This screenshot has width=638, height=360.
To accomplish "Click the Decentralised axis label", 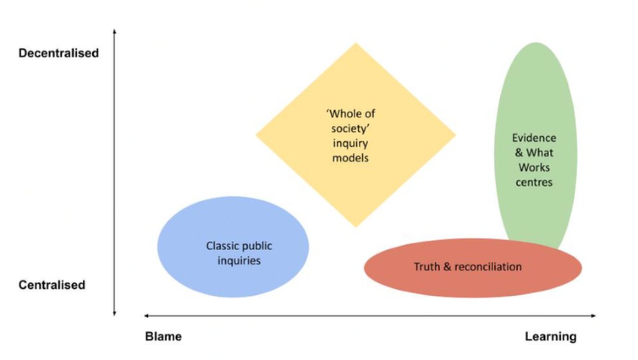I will pos(59,53).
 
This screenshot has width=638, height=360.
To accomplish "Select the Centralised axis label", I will pos(52,285).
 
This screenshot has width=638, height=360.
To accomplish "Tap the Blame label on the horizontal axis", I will pos(163,337).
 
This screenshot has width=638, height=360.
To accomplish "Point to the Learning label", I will pos(551,337).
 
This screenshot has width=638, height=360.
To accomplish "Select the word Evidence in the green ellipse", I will pos(534,138).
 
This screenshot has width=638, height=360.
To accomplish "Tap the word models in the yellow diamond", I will pos(350,158).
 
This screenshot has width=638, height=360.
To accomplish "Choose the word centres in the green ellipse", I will pos(534,182).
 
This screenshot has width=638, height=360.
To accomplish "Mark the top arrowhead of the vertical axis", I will pos(114,31).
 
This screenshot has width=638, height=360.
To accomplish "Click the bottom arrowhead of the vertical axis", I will pos(114,313).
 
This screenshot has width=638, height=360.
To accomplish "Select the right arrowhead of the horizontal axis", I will pos(594,316).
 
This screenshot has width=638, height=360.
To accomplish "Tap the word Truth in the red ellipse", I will pos(425,267).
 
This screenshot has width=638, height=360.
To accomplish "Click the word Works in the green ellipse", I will pos(534,167).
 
